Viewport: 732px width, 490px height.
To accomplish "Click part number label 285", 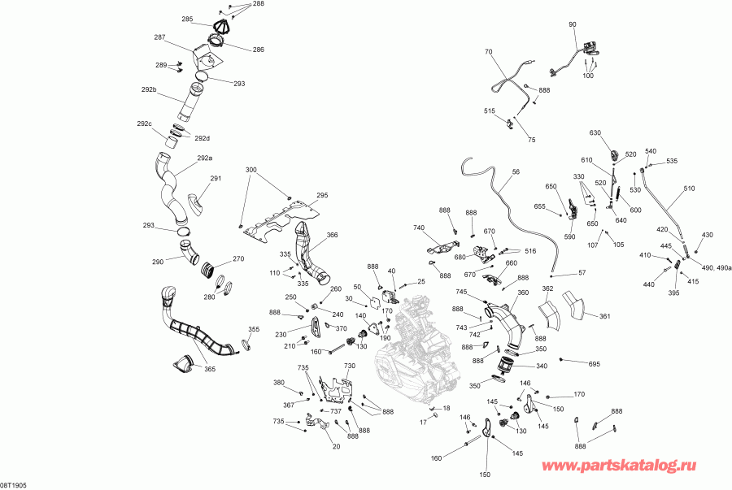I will (x=187, y=19).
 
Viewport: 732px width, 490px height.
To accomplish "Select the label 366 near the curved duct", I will (x=332, y=236).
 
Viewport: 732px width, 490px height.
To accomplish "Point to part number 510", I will (x=690, y=189).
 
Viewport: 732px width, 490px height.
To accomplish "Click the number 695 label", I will (x=594, y=364).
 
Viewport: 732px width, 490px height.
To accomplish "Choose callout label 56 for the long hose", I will (x=516, y=172).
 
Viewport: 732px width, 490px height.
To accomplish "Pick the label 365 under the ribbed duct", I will (x=210, y=370).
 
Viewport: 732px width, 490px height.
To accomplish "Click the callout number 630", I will (x=595, y=132).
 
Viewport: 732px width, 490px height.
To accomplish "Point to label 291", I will (x=216, y=179).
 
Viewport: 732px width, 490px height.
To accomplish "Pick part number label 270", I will (x=238, y=259).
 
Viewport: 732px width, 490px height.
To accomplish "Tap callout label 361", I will (x=604, y=316).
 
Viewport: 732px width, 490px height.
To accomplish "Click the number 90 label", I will (x=573, y=25).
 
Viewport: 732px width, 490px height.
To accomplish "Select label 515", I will (x=490, y=111).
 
